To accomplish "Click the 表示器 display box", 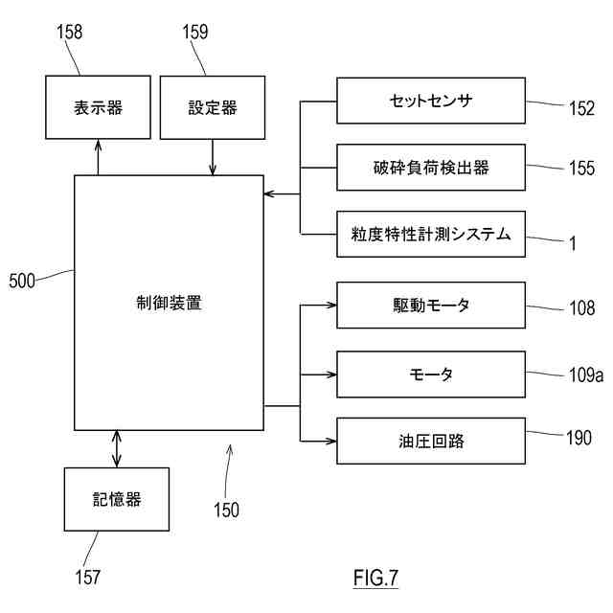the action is tap(98, 107).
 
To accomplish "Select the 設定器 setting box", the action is tap(213, 107).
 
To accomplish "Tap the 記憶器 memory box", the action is tap(117, 499).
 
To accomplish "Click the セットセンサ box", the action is tap(431, 101).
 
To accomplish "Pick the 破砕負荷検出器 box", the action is tap(431, 168).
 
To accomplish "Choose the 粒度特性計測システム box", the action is tap(431, 234).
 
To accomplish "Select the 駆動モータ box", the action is tap(431, 305).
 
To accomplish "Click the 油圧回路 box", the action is tap(431, 441).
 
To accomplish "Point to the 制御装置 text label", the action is tap(169, 303).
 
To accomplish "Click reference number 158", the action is tap(70, 32).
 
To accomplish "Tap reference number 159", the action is tap(195, 32).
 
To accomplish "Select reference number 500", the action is tap(22, 281).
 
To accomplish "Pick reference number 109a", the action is tap(586, 375).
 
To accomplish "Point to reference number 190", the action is tap(579, 438).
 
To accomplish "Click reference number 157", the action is tap(87, 577).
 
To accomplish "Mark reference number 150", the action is tap(226, 510).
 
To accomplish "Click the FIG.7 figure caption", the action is tap(375, 578).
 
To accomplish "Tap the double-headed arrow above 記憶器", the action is tap(117, 449).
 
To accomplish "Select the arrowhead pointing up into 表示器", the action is tap(98, 146).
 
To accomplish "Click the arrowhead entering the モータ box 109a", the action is tap(330, 375).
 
